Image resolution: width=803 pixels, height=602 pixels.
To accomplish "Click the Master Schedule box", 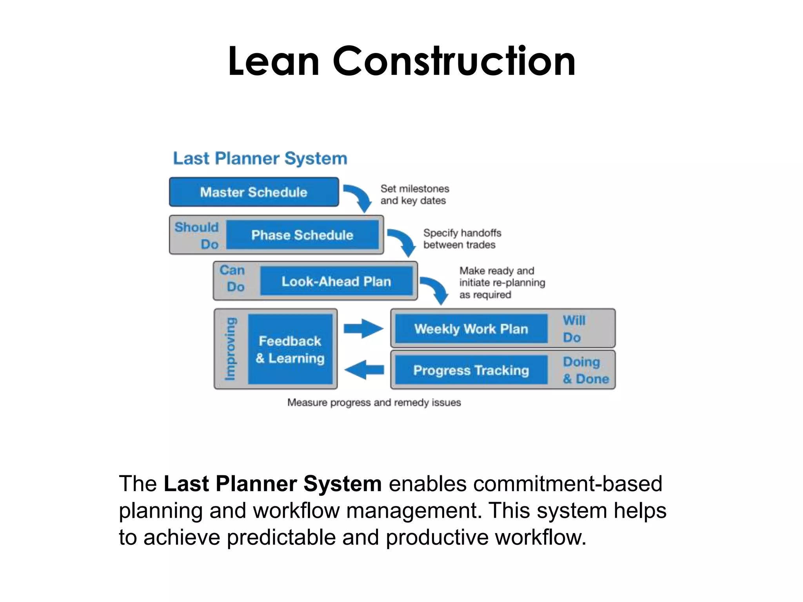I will [254, 192].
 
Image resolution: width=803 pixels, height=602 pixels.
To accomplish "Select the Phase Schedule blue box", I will [302, 235].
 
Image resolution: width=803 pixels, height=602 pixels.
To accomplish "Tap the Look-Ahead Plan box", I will [336, 281].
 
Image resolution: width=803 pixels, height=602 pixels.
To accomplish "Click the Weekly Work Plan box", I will [471, 328].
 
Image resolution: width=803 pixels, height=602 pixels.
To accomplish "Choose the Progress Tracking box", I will [471, 370].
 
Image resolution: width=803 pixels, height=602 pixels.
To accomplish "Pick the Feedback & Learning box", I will [290, 349].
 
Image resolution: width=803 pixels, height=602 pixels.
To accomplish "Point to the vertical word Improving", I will [231, 349].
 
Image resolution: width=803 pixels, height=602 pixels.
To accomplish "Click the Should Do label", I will [197, 235].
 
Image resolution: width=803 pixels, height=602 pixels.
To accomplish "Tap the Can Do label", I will [233, 278].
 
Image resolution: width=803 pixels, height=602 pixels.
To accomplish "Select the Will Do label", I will [574, 328].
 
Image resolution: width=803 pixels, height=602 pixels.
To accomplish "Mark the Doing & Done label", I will [585, 370].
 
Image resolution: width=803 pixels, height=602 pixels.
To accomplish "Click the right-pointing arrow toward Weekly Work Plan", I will [363, 328].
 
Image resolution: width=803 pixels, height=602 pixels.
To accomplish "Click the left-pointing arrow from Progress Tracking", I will [364, 370].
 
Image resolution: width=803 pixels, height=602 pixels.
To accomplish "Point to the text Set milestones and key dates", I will [414, 194].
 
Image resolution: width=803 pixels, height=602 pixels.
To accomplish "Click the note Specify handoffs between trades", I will [462, 239].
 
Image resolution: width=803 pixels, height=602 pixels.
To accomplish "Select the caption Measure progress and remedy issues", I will [374, 403].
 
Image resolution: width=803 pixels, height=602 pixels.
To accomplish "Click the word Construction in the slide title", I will [454, 62].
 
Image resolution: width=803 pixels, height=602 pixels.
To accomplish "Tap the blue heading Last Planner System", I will [260, 159].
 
